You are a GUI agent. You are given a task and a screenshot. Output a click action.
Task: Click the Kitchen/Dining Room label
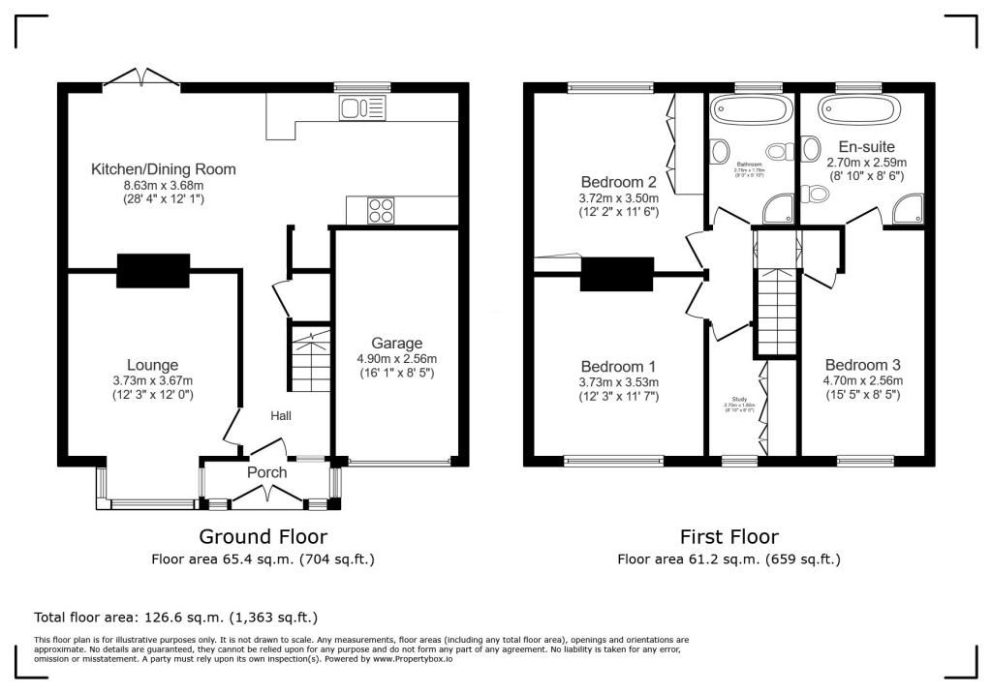pos(163,169)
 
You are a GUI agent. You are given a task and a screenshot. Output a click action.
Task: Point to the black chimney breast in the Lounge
pos(153,271)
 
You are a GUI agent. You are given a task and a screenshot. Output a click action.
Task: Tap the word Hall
pos(281,415)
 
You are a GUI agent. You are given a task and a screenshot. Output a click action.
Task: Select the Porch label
pos(266,473)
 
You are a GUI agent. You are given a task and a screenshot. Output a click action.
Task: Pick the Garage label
pos(397,343)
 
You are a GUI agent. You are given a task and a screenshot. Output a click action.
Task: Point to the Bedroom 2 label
pos(618,182)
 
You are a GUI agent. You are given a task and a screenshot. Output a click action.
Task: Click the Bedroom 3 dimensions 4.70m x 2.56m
pos(862,380)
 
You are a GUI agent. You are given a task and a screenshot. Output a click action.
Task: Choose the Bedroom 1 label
pos(618,367)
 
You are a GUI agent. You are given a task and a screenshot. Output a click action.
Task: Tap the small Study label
pos(738,399)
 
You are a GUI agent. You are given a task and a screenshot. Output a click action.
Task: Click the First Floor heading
pos(728,536)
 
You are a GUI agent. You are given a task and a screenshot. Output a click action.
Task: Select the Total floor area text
pos(175,617)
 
